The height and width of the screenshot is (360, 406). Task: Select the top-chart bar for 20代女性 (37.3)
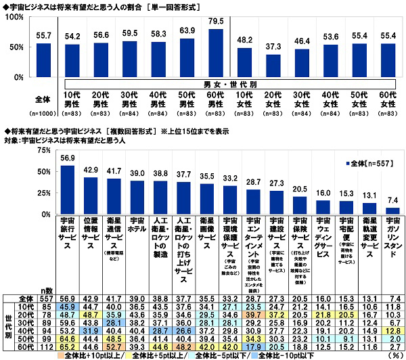point(273,68)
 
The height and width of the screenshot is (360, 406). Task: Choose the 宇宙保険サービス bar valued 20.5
point(300,206)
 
